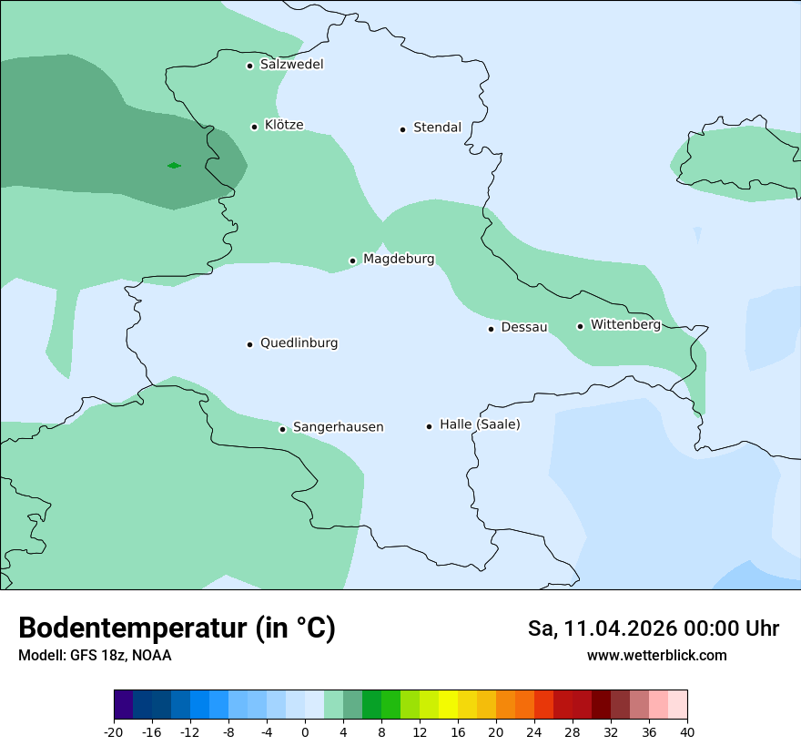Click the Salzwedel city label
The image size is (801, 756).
pos(291,65)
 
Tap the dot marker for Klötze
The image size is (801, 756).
pos(255,127)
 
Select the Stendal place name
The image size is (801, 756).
pos(437,128)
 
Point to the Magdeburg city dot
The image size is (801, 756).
pos(353,261)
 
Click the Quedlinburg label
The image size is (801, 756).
pos(299,343)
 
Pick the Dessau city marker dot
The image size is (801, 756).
pos(492,328)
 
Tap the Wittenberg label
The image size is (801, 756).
pos(625,324)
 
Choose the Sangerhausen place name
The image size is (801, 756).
pos(338,427)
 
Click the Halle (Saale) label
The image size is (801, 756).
pos(480,424)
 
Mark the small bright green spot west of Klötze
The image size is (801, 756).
pos(174,165)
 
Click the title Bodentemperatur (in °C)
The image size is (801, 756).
pos(177,628)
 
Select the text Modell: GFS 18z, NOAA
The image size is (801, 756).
pos(95,655)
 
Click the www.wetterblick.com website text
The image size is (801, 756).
pos(656,655)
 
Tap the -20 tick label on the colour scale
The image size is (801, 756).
pos(114,731)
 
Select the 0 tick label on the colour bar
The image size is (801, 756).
pos(305,731)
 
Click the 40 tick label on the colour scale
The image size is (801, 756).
pos(687,731)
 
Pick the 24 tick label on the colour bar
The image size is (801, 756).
pos(534,731)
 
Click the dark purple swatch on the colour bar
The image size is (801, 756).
pos(124,705)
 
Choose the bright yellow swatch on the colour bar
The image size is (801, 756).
pos(448,705)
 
